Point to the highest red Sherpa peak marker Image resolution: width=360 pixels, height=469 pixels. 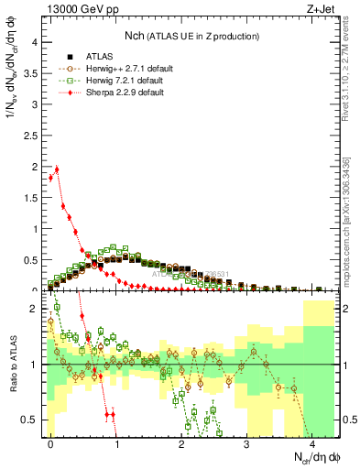(x=57, y=169)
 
